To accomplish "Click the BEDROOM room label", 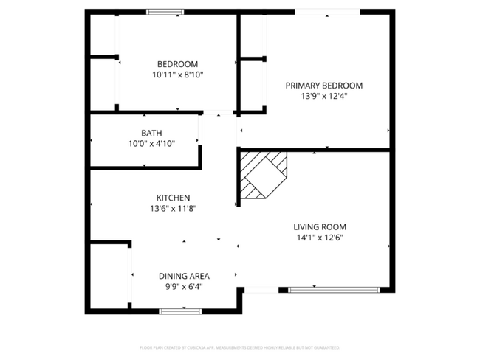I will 177,64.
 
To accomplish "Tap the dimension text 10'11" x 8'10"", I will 177,75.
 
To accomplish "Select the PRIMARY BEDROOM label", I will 324,86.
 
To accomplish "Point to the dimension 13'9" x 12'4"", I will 324,96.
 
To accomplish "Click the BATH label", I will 151,134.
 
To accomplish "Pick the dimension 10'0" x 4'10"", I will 151,144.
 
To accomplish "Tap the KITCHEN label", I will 174,198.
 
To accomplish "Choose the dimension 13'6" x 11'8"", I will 174,208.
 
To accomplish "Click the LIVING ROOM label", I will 320,227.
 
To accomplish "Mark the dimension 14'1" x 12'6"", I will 320,238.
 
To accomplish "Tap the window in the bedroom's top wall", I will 165,12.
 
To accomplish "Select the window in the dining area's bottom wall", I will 180,311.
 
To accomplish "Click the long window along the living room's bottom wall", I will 335,290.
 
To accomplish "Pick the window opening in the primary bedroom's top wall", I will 327,12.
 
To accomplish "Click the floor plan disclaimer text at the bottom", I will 239,347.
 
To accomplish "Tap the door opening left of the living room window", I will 261,290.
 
